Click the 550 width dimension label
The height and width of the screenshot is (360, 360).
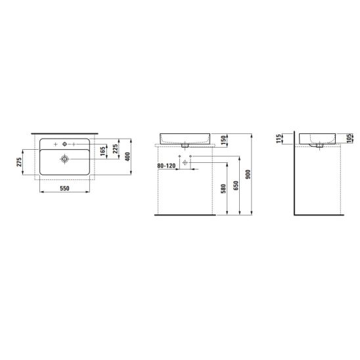click(x=64, y=189)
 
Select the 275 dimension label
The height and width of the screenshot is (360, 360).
click(x=19, y=162)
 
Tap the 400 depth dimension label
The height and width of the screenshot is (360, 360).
click(x=127, y=156)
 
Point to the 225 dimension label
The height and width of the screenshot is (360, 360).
click(x=115, y=148)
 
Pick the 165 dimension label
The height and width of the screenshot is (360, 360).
click(x=102, y=151)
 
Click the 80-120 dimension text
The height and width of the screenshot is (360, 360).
click(x=166, y=166)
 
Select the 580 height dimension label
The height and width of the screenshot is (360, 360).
click(x=223, y=189)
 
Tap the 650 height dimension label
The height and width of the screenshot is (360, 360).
click(x=236, y=185)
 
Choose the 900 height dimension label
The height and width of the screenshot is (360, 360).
click(x=248, y=175)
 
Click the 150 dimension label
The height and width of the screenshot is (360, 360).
click(x=223, y=140)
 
